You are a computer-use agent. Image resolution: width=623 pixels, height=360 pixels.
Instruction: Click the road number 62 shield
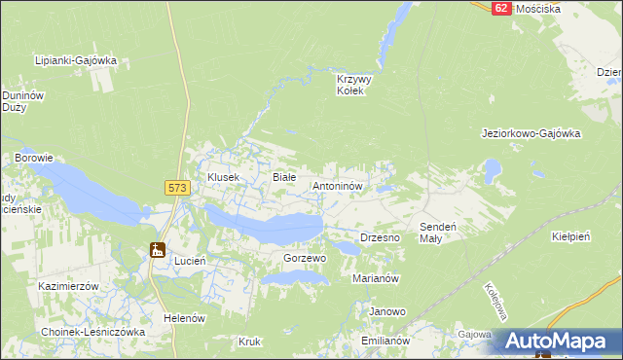(500, 7)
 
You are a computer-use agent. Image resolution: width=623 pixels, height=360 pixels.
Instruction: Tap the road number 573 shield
(176, 188)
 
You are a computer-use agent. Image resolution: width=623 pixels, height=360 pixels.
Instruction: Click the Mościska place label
(538, 8)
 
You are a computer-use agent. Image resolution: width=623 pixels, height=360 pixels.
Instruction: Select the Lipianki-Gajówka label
(76, 60)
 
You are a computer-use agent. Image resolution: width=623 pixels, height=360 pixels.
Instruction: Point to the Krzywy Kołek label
(349, 85)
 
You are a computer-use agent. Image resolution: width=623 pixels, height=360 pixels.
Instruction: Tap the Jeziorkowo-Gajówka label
(531, 133)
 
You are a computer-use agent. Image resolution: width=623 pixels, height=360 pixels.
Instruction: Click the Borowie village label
(33, 157)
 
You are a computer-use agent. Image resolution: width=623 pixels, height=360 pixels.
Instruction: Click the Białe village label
(283, 177)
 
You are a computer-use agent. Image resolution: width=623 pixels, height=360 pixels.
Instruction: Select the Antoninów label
(338, 184)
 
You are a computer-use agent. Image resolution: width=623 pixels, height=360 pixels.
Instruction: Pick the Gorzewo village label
(305, 259)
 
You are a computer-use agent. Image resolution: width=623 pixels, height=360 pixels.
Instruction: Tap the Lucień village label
(188, 262)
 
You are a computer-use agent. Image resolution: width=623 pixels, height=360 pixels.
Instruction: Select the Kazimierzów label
(69, 287)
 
